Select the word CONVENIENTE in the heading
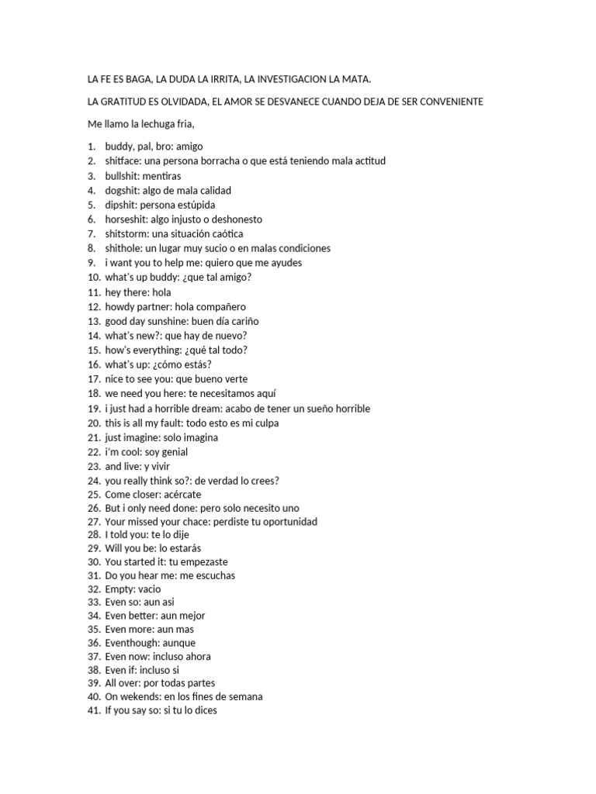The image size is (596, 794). [454, 102]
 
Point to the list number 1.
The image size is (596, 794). [91, 147]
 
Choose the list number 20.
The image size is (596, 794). [94, 423]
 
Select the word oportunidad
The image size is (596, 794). [282, 522]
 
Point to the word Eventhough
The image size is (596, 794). [130, 643]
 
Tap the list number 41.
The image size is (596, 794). [94, 710]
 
